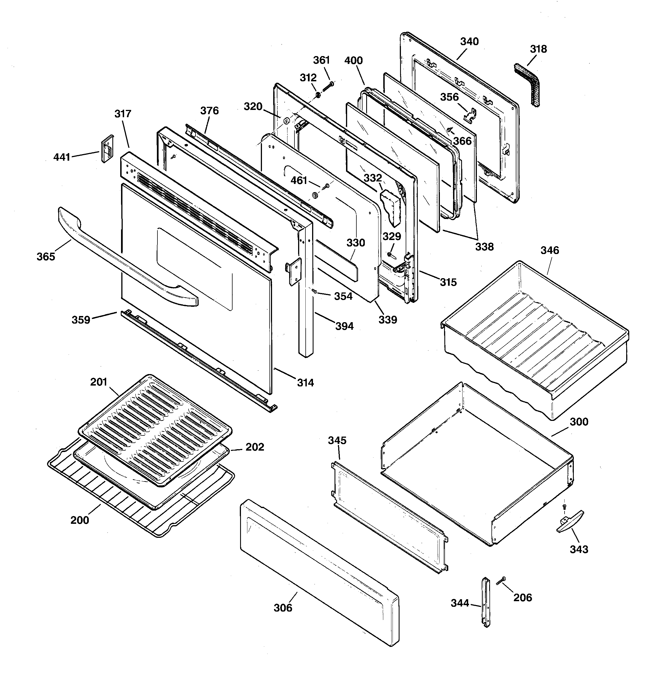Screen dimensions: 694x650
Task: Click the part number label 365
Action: (x=46, y=257)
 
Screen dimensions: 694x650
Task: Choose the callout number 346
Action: (x=549, y=250)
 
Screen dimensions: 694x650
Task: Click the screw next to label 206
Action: (x=501, y=580)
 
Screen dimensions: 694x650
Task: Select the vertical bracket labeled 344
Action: (x=486, y=602)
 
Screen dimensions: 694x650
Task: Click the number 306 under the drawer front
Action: (x=283, y=608)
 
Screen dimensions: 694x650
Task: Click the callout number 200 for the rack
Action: (x=80, y=520)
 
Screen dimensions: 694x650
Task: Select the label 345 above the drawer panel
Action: (x=337, y=441)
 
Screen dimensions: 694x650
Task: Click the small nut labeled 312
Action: (x=318, y=94)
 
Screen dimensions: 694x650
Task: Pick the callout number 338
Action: (x=484, y=247)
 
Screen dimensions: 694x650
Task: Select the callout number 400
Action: (x=353, y=60)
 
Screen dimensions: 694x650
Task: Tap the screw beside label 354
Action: (x=314, y=290)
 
